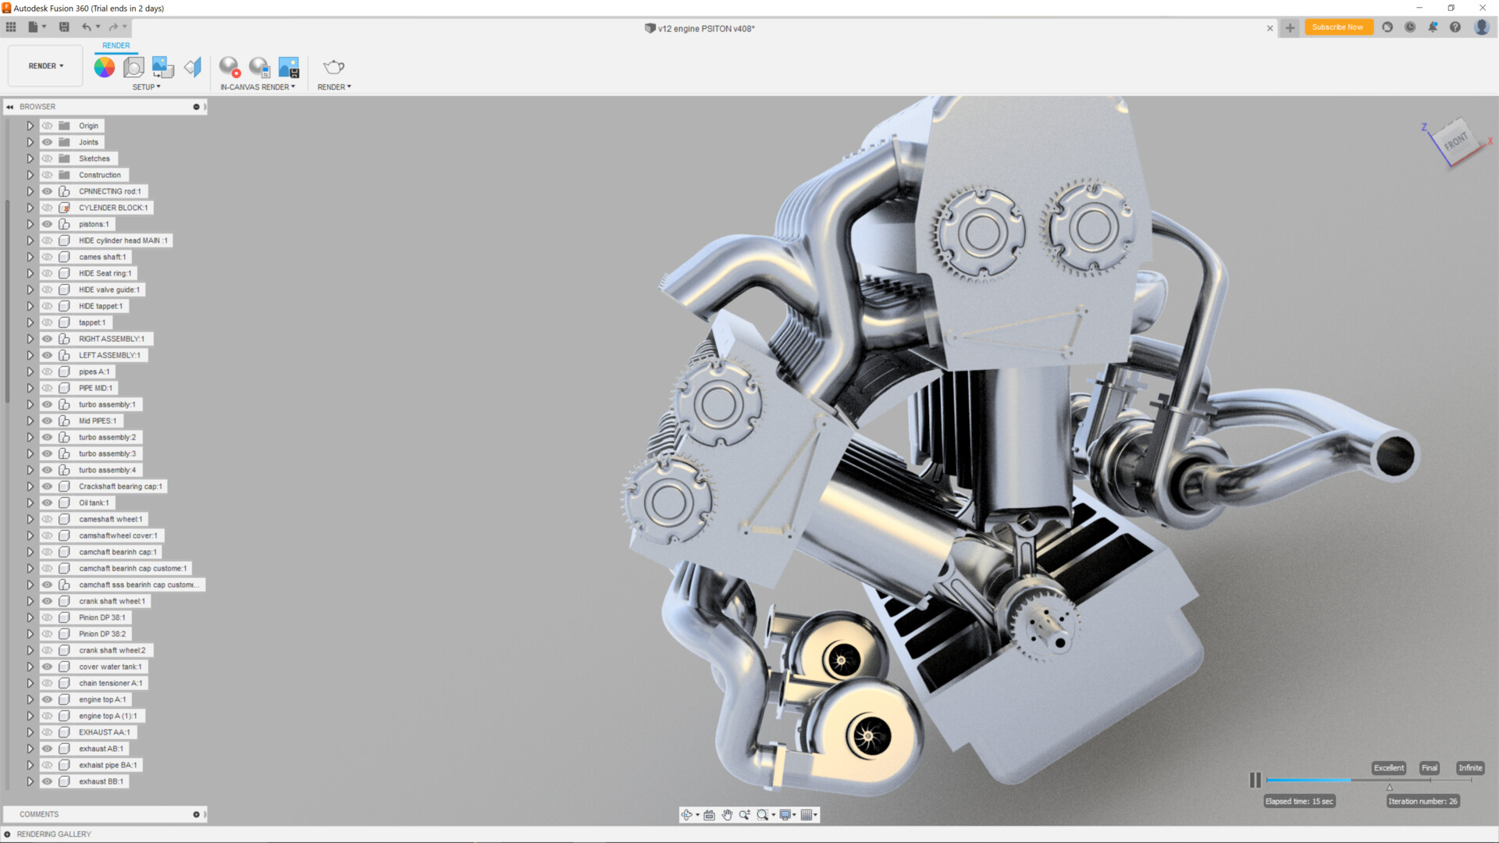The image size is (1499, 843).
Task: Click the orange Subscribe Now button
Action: coord(1337,27)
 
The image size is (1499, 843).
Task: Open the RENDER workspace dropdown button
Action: coord(45,66)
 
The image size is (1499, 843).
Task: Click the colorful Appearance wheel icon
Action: coord(104,67)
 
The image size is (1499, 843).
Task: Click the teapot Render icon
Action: coord(333,67)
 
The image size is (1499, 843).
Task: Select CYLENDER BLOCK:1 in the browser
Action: coord(112,208)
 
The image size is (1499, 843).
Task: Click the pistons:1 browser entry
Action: coord(94,224)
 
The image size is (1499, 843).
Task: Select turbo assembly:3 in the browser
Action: coord(107,454)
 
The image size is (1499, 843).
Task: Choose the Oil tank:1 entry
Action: coord(94,503)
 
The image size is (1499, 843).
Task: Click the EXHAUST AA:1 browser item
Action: coord(104,732)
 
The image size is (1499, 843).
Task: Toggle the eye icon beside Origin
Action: coord(48,126)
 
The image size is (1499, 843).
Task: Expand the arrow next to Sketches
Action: coord(30,158)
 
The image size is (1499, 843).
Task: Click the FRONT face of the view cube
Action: coord(1457,141)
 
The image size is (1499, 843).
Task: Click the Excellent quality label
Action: coord(1388,768)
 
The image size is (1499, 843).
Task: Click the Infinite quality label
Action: coord(1470,768)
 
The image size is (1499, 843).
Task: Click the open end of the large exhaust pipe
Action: coord(1396,455)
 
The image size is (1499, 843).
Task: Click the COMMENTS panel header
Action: coord(39,814)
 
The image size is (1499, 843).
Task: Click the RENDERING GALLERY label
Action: coord(54,834)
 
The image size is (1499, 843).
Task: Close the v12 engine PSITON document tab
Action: coord(1269,28)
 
